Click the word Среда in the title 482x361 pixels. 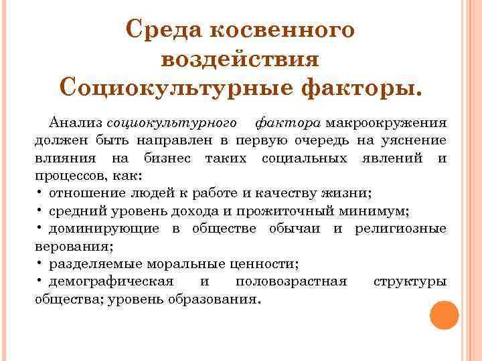click(163, 31)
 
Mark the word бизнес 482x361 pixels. click(168, 158)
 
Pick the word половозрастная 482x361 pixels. click(291, 281)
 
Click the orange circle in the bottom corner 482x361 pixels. click(444, 315)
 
